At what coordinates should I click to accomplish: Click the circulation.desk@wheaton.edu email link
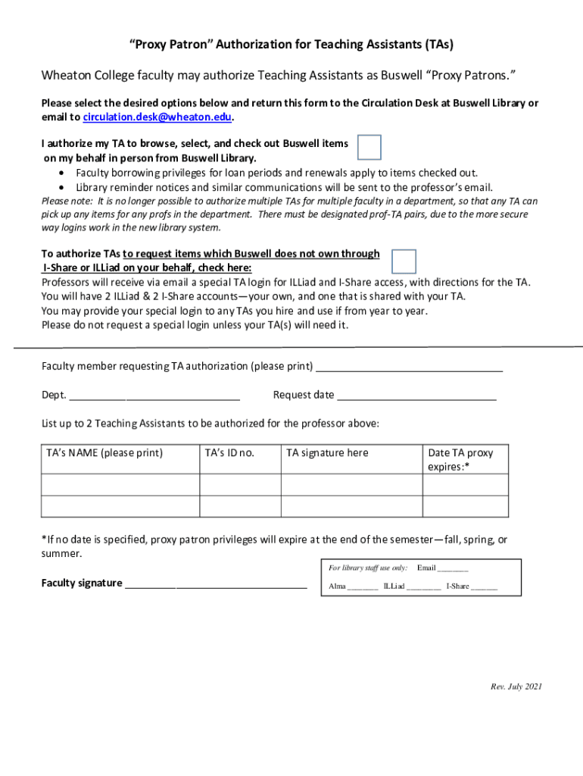pyautogui.click(x=157, y=117)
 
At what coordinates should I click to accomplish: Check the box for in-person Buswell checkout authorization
pyautogui.click(x=369, y=148)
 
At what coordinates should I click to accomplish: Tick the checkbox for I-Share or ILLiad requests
pyautogui.click(x=404, y=261)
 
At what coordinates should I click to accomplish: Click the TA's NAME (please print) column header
pyautogui.click(x=104, y=453)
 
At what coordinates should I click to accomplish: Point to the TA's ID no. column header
pyautogui.click(x=230, y=453)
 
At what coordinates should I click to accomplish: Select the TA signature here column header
pyautogui.click(x=327, y=453)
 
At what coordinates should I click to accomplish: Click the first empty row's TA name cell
pyautogui.click(x=120, y=485)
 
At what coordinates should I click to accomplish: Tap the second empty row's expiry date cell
pyautogui.click(x=465, y=506)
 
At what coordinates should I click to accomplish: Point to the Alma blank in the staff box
pyautogui.click(x=363, y=588)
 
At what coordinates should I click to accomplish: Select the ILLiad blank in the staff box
pyautogui.click(x=423, y=588)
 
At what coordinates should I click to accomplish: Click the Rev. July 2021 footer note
pyautogui.click(x=516, y=687)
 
